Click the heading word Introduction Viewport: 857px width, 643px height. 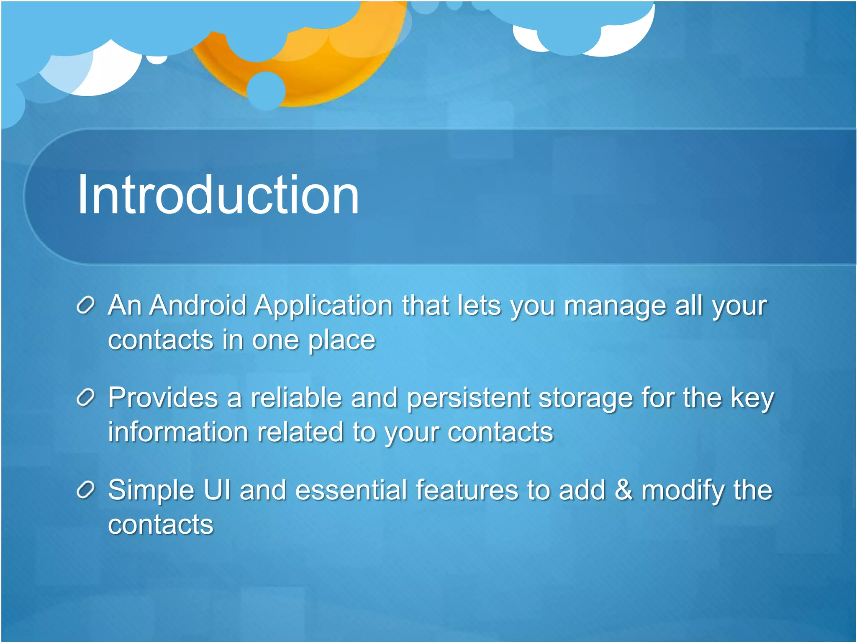tap(218, 195)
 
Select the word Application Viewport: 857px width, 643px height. tap(323, 306)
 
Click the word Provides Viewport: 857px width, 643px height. tap(163, 398)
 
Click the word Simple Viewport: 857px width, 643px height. tap(151, 491)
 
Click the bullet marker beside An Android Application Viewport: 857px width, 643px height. tap(86, 306)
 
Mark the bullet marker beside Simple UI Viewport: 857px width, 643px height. tap(86, 490)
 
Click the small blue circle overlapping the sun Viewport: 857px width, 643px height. tap(266, 90)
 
